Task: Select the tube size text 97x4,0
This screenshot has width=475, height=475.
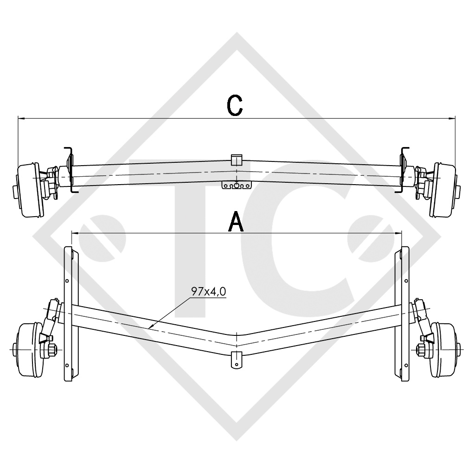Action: (x=209, y=292)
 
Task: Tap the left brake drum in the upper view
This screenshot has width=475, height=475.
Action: (x=28, y=190)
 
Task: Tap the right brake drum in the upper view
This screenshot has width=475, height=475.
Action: (x=444, y=190)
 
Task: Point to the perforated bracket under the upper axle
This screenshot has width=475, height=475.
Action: (x=237, y=186)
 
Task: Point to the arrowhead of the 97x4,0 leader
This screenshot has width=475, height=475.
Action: (x=150, y=327)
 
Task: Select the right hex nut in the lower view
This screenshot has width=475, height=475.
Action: (x=424, y=349)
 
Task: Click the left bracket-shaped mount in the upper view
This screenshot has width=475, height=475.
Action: (x=69, y=169)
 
